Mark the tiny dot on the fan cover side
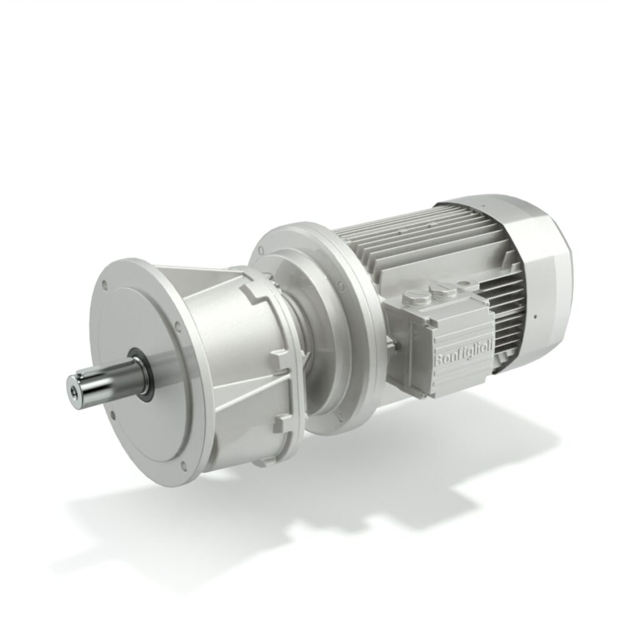[x=536, y=316]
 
